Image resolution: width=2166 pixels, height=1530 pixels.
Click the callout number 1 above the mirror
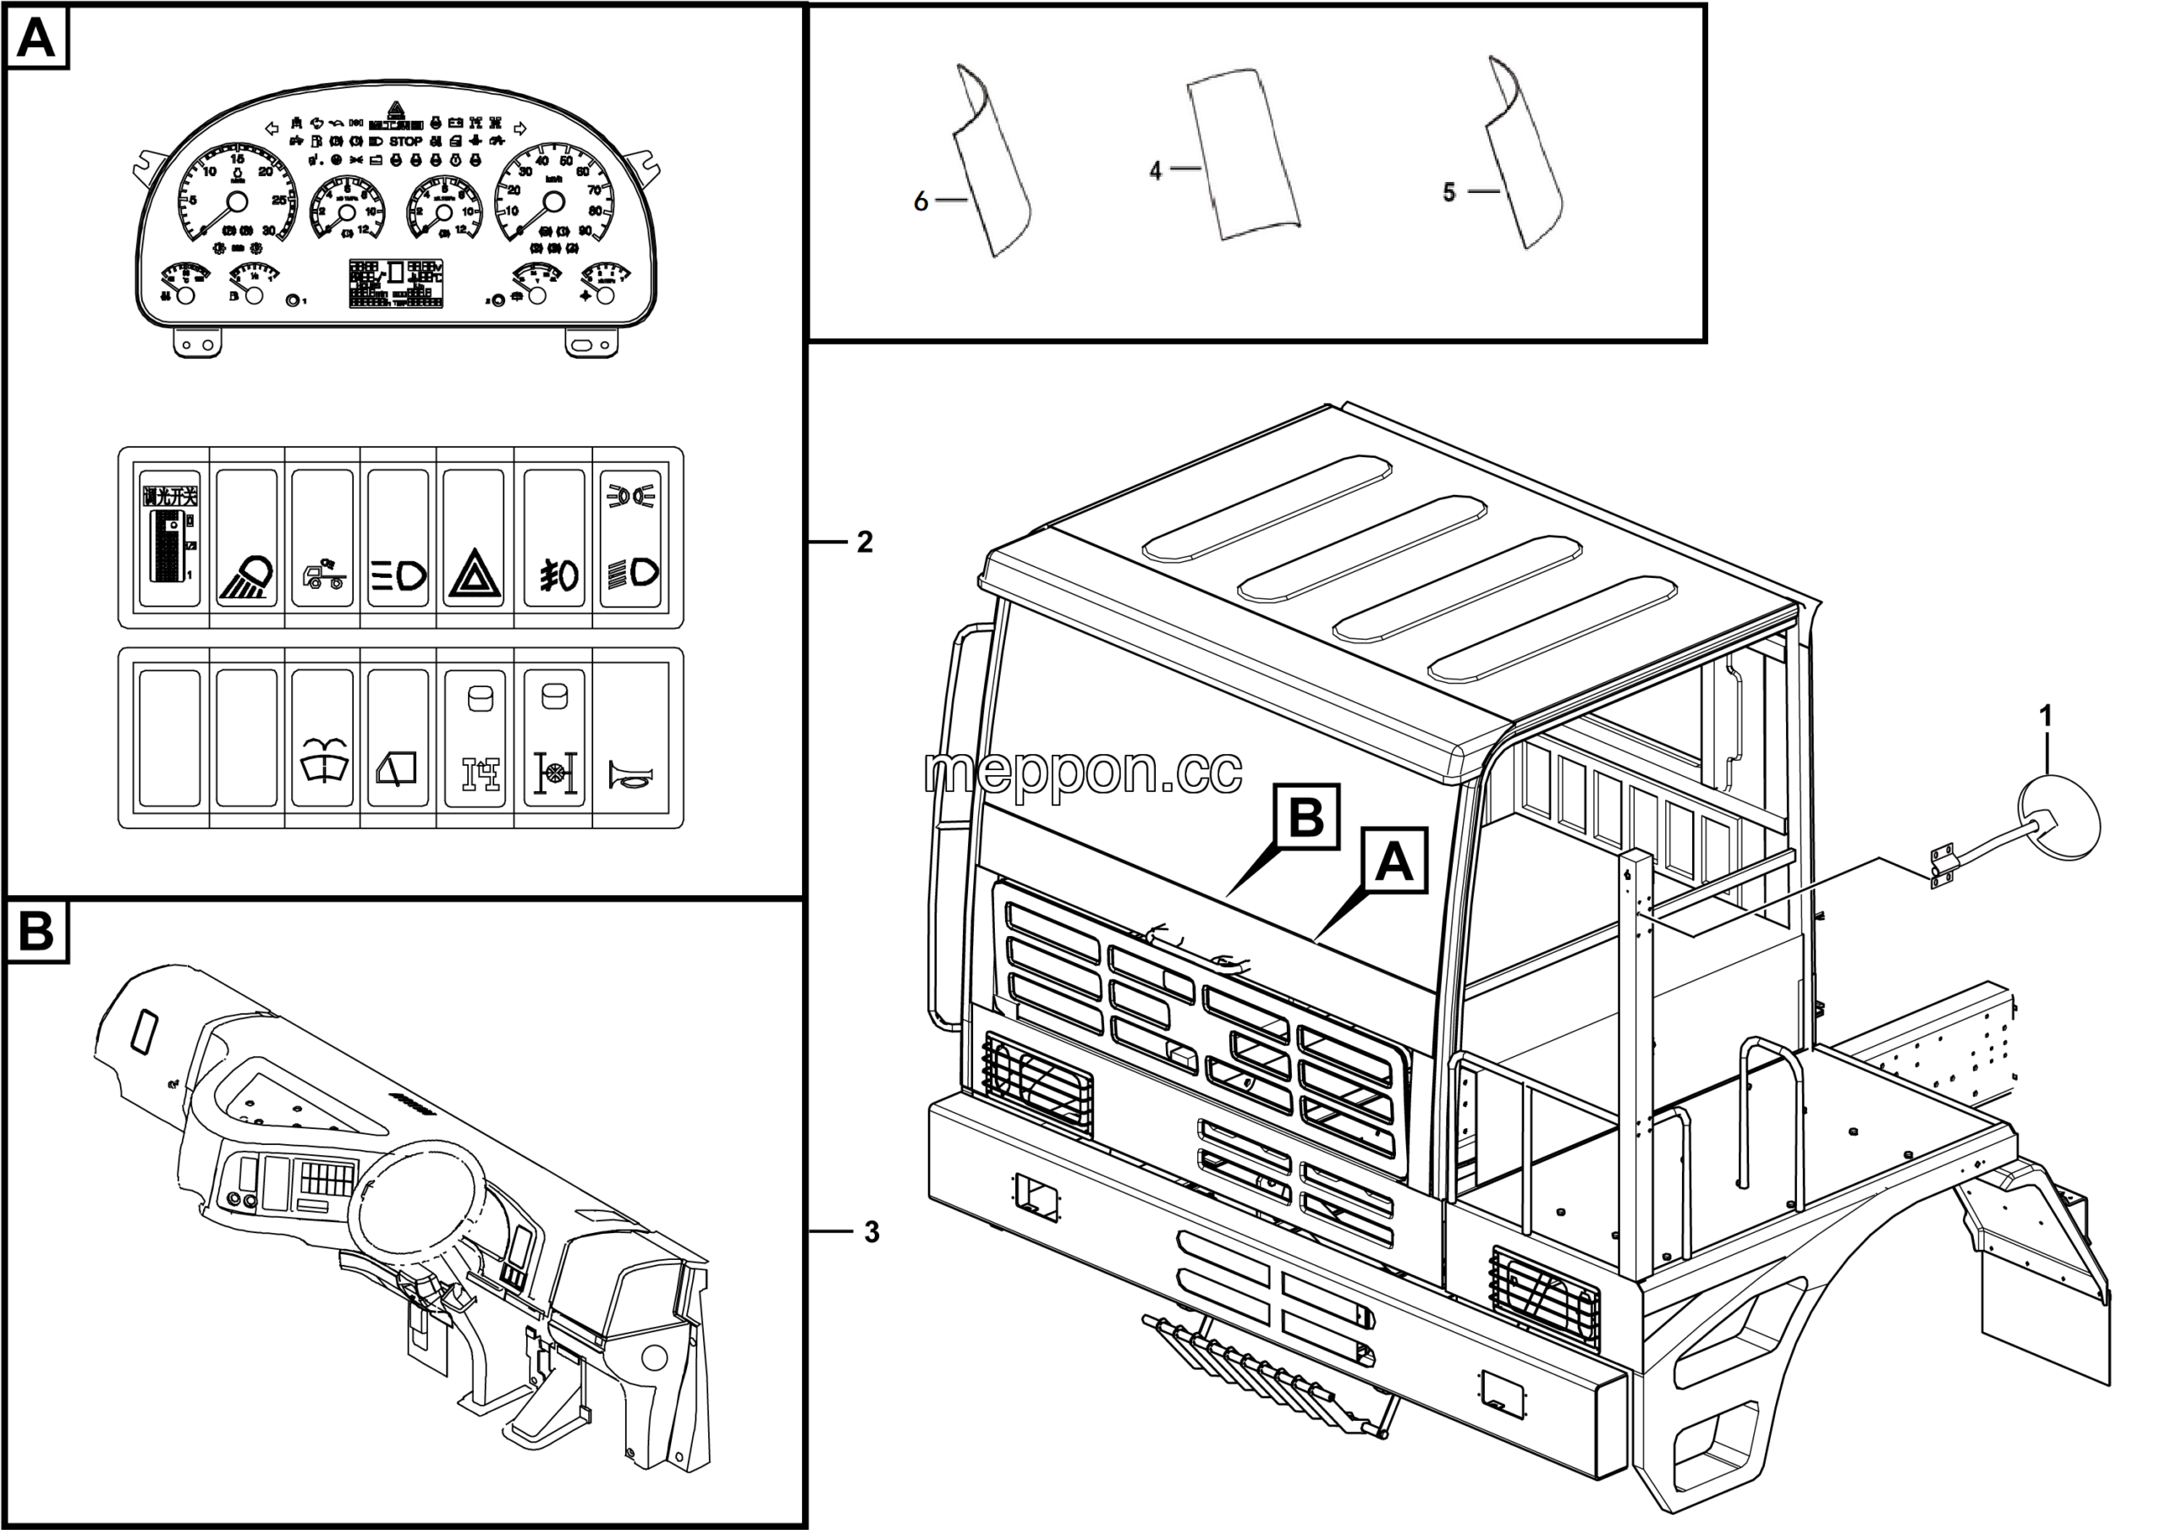tap(2045, 717)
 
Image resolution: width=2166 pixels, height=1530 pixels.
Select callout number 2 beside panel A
tap(864, 542)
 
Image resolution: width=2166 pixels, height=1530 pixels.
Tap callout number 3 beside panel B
tap(871, 1232)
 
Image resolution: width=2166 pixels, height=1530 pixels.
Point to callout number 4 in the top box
tap(1156, 171)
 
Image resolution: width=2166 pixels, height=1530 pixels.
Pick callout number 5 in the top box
tap(1449, 192)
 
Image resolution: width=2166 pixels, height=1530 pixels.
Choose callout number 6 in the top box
tap(921, 201)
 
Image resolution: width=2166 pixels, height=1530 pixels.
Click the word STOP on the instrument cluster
tap(405, 141)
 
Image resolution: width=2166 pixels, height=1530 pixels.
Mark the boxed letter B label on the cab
tap(1306, 817)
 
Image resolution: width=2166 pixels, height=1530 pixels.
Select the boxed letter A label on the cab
tap(1394, 861)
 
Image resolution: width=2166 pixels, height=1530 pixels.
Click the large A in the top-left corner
tap(36, 39)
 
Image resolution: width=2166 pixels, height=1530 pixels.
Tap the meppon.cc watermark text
tap(1083, 772)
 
